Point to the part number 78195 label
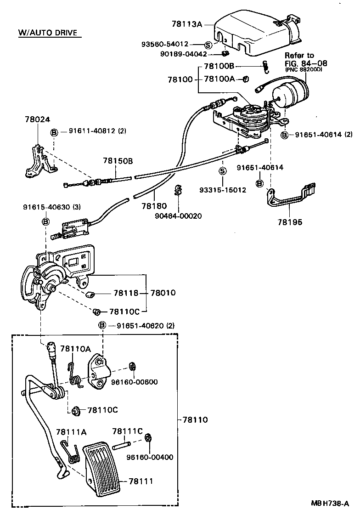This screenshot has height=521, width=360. [290, 221]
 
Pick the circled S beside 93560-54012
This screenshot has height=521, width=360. [208, 45]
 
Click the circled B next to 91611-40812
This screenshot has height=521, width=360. [54, 131]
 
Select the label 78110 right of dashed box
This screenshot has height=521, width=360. [195, 419]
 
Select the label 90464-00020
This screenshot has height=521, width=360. [179, 215]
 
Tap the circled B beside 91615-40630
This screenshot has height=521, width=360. [45, 222]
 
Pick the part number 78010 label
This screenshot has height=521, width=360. [163, 293]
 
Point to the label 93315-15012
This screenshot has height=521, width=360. [223, 190]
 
